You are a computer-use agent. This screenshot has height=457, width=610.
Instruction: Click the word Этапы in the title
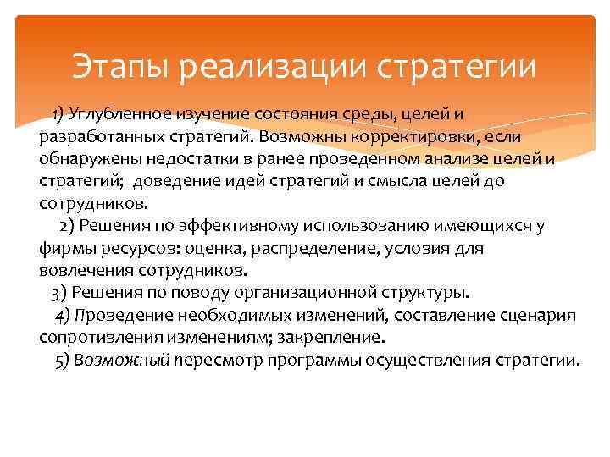[x=122, y=66]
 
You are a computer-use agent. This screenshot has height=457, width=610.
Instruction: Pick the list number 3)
[x=59, y=293]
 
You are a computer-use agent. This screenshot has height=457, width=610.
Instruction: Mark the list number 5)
[x=61, y=361]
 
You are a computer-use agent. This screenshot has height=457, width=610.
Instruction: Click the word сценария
[x=540, y=316]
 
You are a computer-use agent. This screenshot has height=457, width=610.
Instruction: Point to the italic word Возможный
[x=123, y=361]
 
